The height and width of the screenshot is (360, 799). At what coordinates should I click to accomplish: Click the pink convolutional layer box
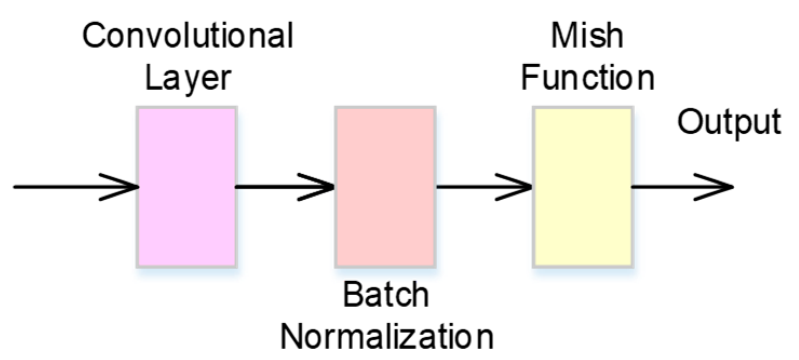pyautogui.click(x=186, y=186)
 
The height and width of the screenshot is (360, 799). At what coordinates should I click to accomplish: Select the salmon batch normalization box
pyautogui.click(x=385, y=186)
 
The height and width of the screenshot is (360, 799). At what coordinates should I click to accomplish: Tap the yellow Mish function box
pyautogui.click(x=583, y=186)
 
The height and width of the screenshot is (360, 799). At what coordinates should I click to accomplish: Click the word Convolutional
pyautogui.click(x=188, y=37)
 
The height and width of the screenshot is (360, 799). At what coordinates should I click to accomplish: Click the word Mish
pyautogui.click(x=587, y=37)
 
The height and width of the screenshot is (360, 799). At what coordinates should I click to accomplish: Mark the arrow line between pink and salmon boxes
pyautogui.click(x=270, y=187)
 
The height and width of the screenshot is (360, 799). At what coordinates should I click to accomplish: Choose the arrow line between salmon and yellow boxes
pyautogui.click(x=470, y=187)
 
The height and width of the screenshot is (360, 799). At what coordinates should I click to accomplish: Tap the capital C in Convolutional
pyautogui.click(x=95, y=37)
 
